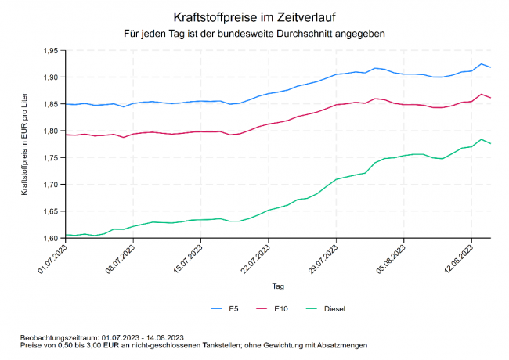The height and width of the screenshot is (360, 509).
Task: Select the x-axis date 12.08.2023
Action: point(457,258)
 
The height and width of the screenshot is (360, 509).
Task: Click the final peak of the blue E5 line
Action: point(481,64)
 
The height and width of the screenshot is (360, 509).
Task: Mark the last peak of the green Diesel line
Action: point(481,139)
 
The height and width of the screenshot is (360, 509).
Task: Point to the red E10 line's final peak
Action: point(481,95)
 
